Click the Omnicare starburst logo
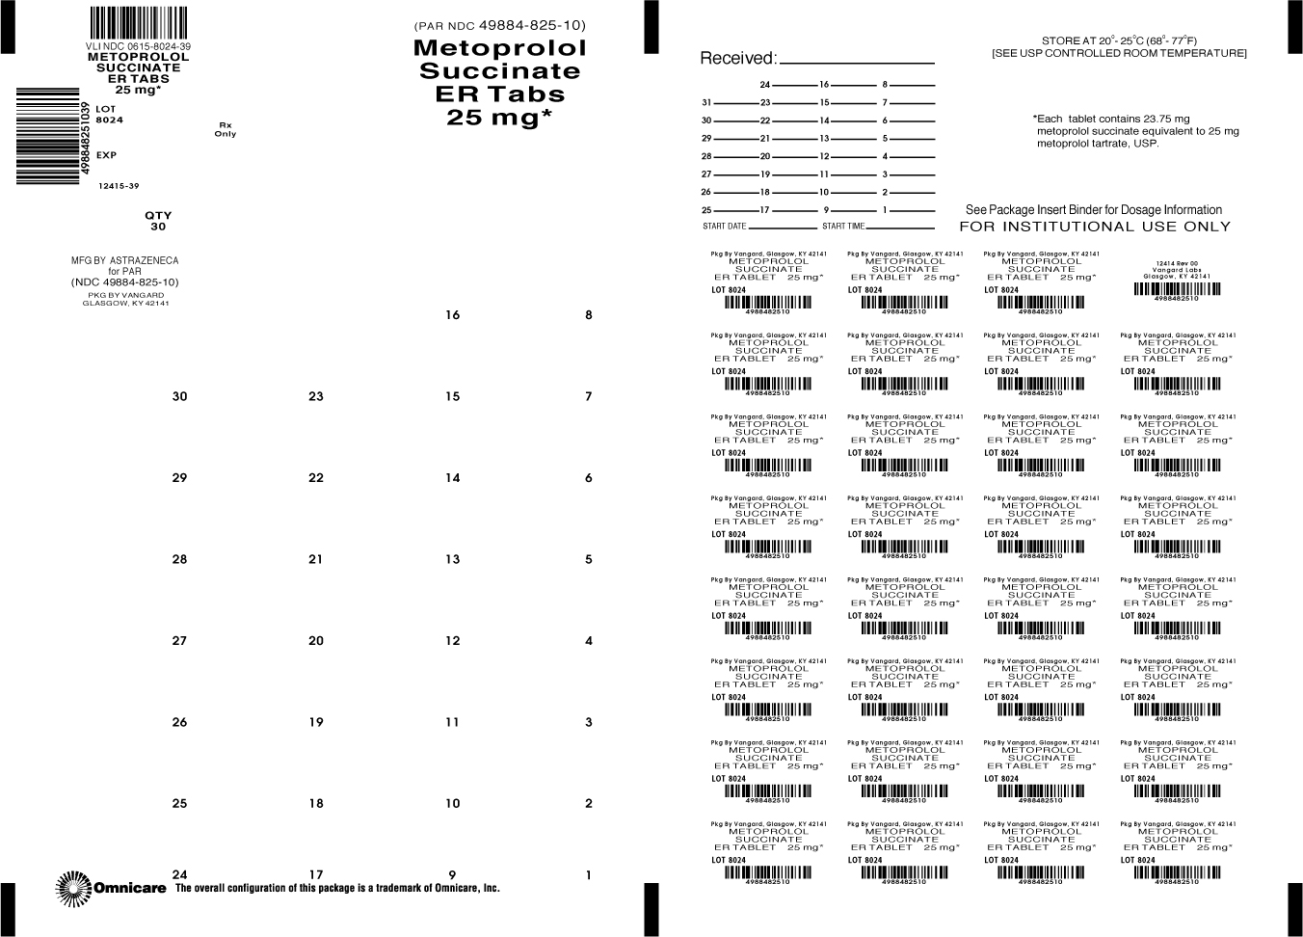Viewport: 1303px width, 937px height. coord(72,888)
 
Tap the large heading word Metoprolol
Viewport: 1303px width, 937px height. coord(499,48)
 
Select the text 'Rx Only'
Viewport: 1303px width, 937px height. coord(226,129)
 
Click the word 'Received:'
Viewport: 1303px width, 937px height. coord(737,59)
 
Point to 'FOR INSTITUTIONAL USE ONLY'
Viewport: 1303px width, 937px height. coord(1095,227)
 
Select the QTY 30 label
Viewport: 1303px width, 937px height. coord(158,222)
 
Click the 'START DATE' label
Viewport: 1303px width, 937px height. coord(725,227)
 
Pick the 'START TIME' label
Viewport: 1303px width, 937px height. coord(843,227)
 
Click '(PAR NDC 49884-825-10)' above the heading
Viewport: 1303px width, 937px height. coord(499,26)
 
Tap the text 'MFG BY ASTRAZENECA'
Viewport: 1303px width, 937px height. coord(125,260)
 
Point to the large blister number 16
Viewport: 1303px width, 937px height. coord(453,315)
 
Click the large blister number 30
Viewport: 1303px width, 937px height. coord(179,396)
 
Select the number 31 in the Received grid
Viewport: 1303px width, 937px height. coord(706,103)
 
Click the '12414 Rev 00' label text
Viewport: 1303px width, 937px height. coord(1177,262)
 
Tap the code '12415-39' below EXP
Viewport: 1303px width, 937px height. coord(119,186)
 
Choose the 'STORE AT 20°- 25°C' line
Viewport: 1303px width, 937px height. coord(1119,41)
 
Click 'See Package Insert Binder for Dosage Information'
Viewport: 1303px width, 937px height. coord(1094,209)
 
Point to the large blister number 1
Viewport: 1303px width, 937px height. coord(589,875)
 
